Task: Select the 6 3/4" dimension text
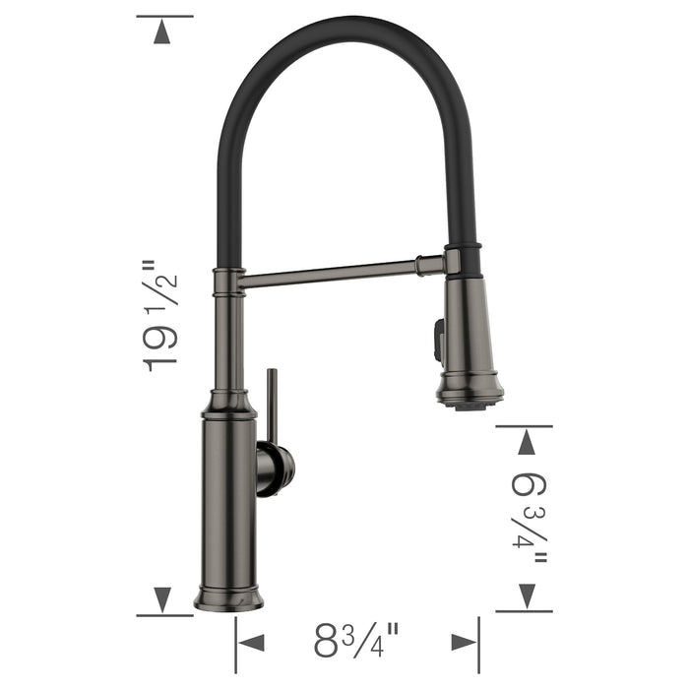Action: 530,518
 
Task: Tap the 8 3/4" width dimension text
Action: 356,642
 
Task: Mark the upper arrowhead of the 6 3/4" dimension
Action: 528,443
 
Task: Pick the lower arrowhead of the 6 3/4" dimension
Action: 528,594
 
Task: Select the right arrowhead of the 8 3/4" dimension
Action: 464,642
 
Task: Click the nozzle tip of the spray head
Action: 470,400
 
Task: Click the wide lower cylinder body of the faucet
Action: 228,502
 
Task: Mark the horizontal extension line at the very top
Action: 164,16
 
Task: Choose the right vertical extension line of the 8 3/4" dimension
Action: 479,645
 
